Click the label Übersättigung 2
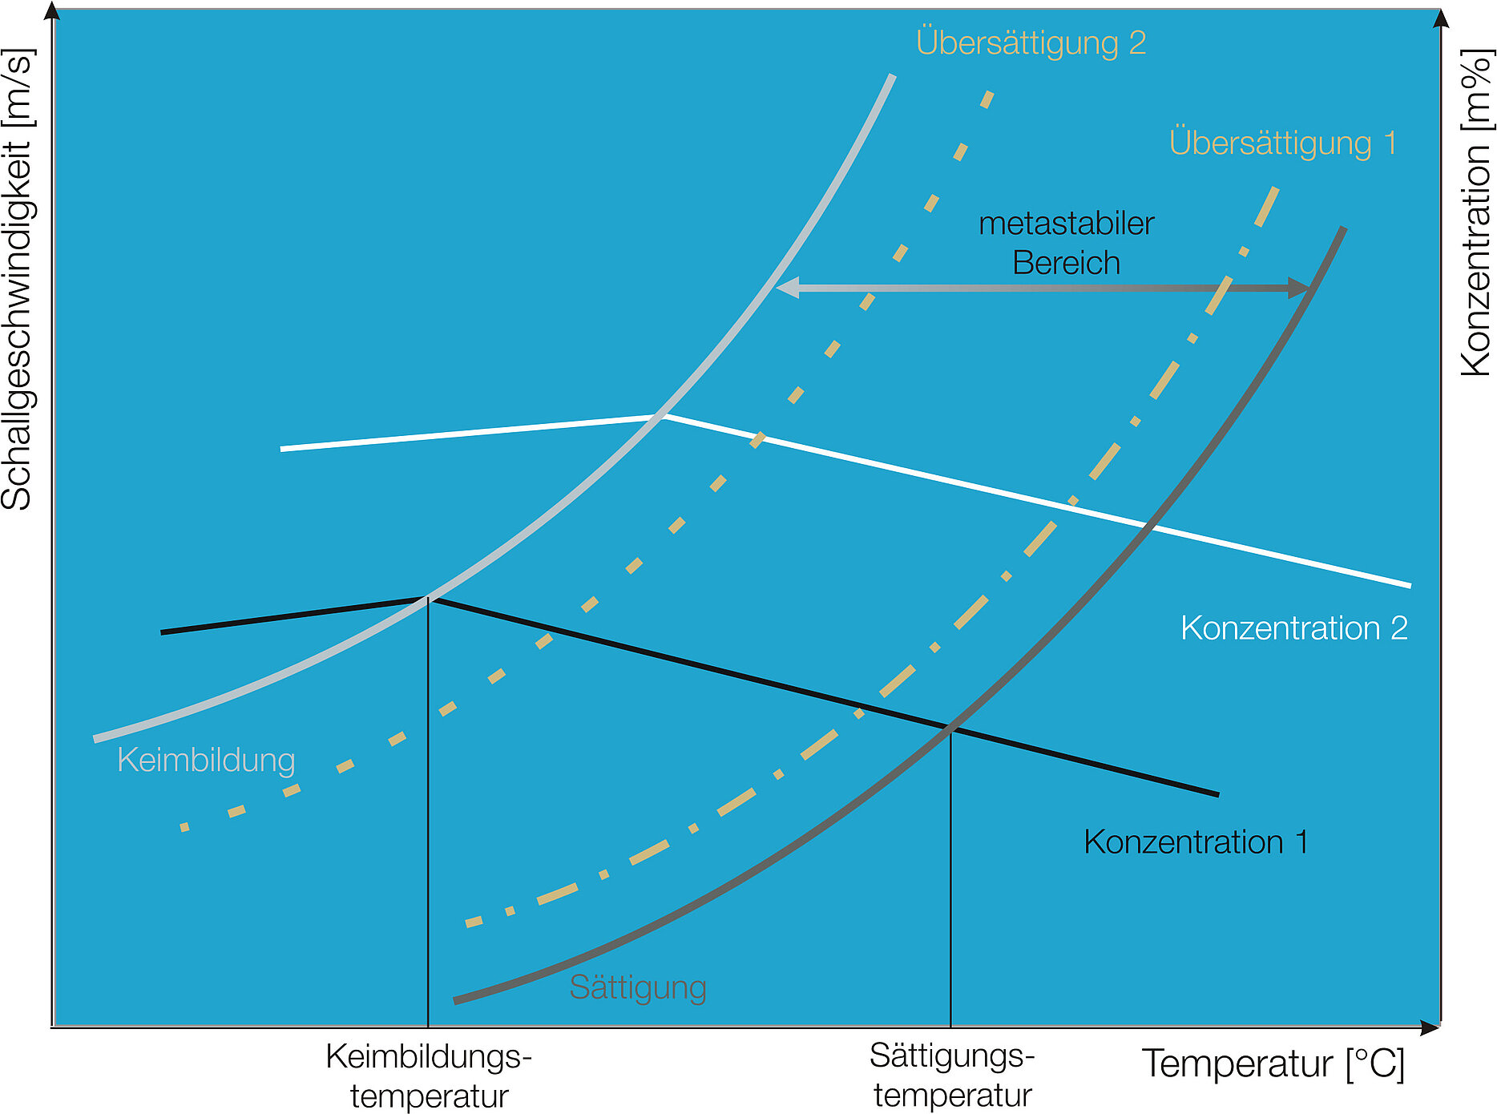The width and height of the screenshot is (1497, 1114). pyautogui.click(x=1031, y=42)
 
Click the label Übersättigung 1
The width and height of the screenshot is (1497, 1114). pyautogui.click(x=1282, y=143)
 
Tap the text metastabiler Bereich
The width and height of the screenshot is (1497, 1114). pyautogui.click(x=1066, y=243)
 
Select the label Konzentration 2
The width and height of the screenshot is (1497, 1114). pyautogui.click(x=1293, y=628)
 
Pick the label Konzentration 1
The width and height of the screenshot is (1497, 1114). pyautogui.click(x=1196, y=842)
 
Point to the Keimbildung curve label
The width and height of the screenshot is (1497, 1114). pyautogui.click(x=206, y=759)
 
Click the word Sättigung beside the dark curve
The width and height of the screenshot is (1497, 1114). pyautogui.click(x=637, y=987)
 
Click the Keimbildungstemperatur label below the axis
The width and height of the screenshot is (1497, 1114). pyautogui.click(x=429, y=1076)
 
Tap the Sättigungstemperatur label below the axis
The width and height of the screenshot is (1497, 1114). pyautogui.click(x=952, y=1075)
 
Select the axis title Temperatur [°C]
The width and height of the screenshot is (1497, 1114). pyautogui.click(x=1273, y=1064)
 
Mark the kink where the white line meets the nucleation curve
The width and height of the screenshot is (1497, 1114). pyautogui.click(x=663, y=416)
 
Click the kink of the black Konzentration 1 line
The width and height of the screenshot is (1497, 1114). pyautogui.click(x=428, y=598)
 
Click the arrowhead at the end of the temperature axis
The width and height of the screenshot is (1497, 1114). pyautogui.click(x=1430, y=1027)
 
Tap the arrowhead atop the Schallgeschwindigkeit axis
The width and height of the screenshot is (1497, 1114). pyautogui.click(x=53, y=11)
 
